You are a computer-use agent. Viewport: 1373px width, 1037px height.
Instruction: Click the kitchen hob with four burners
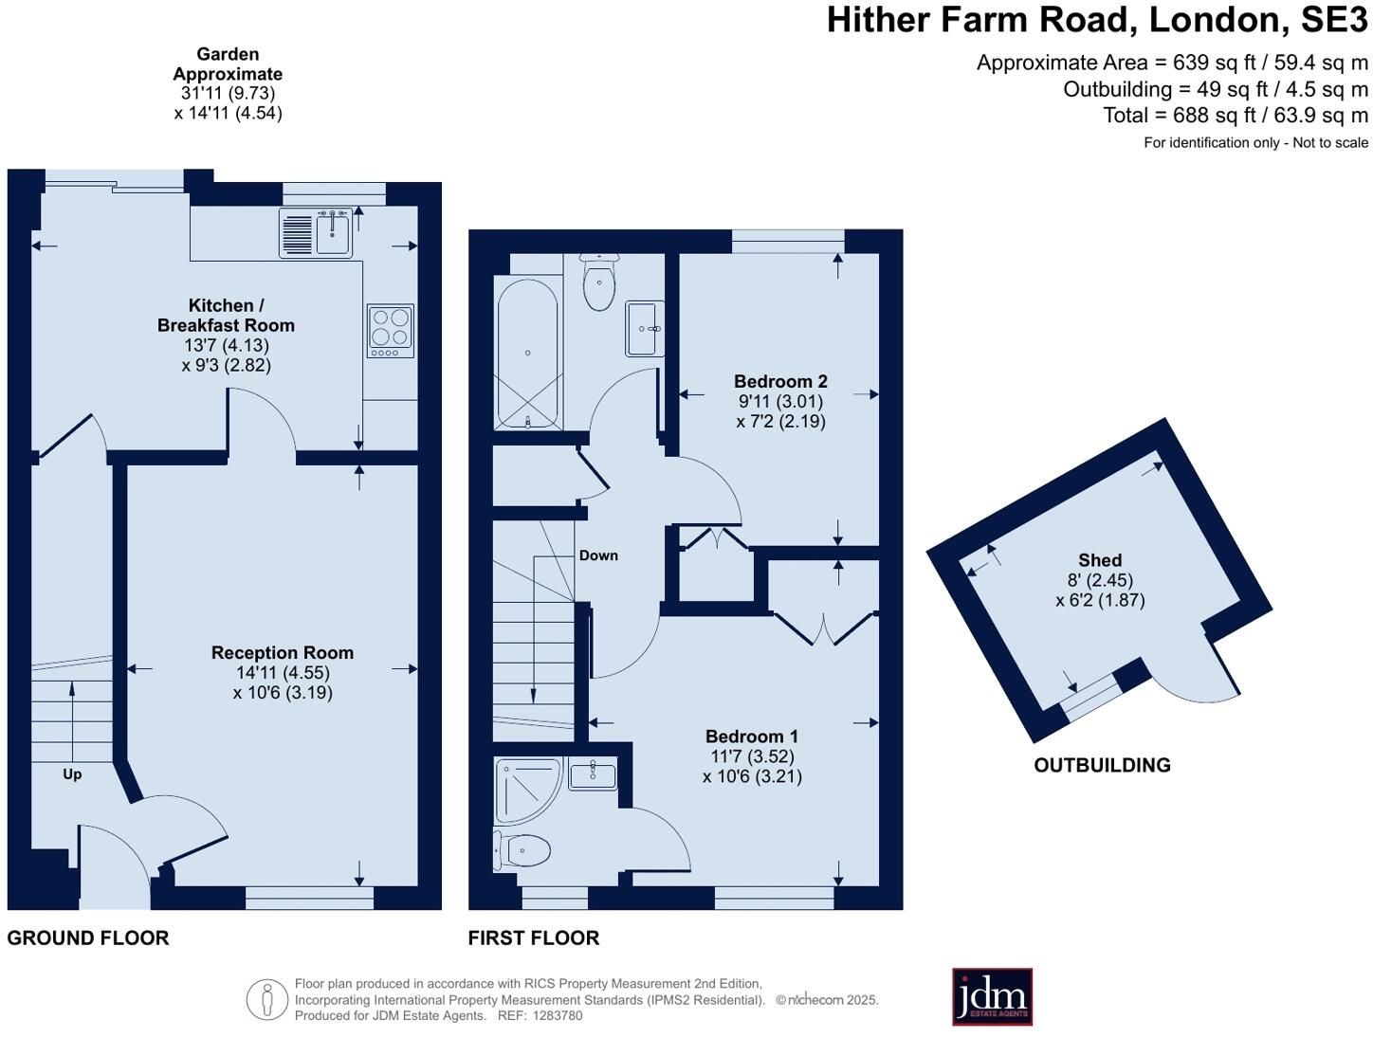(x=391, y=330)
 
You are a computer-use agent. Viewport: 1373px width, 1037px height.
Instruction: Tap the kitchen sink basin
(x=334, y=233)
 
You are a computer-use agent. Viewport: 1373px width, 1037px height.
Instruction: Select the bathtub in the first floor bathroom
(x=527, y=354)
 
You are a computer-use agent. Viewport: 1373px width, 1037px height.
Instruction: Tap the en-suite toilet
(x=522, y=850)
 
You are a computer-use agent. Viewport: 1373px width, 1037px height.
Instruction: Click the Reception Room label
(x=283, y=652)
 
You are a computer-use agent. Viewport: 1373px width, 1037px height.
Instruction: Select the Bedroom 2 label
(x=780, y=381)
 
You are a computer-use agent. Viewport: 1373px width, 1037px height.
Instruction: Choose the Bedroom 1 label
(x=752, y=737)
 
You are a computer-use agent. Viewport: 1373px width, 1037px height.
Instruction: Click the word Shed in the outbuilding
(x=1100, y=560)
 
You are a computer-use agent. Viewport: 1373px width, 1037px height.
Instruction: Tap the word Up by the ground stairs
(x=72, y=774)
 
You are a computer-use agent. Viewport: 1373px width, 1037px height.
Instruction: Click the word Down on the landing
(x=598, y=555)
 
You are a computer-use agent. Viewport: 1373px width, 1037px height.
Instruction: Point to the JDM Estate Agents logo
(x=992, y=996)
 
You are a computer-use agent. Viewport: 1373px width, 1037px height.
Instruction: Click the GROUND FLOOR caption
(x=88, y=938)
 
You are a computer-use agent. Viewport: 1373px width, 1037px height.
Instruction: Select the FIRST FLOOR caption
(x=534, y=938)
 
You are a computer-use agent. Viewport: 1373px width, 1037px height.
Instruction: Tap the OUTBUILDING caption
(x=1102, y=765)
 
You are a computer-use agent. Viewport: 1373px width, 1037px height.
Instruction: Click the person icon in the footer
(x=267, y=999)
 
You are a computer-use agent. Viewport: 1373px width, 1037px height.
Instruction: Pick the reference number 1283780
(x=558, y=1016)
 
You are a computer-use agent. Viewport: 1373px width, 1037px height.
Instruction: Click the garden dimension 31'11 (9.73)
(x=228, y=93)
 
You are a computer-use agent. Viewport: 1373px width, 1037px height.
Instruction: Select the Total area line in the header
(x=1236, y=116)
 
